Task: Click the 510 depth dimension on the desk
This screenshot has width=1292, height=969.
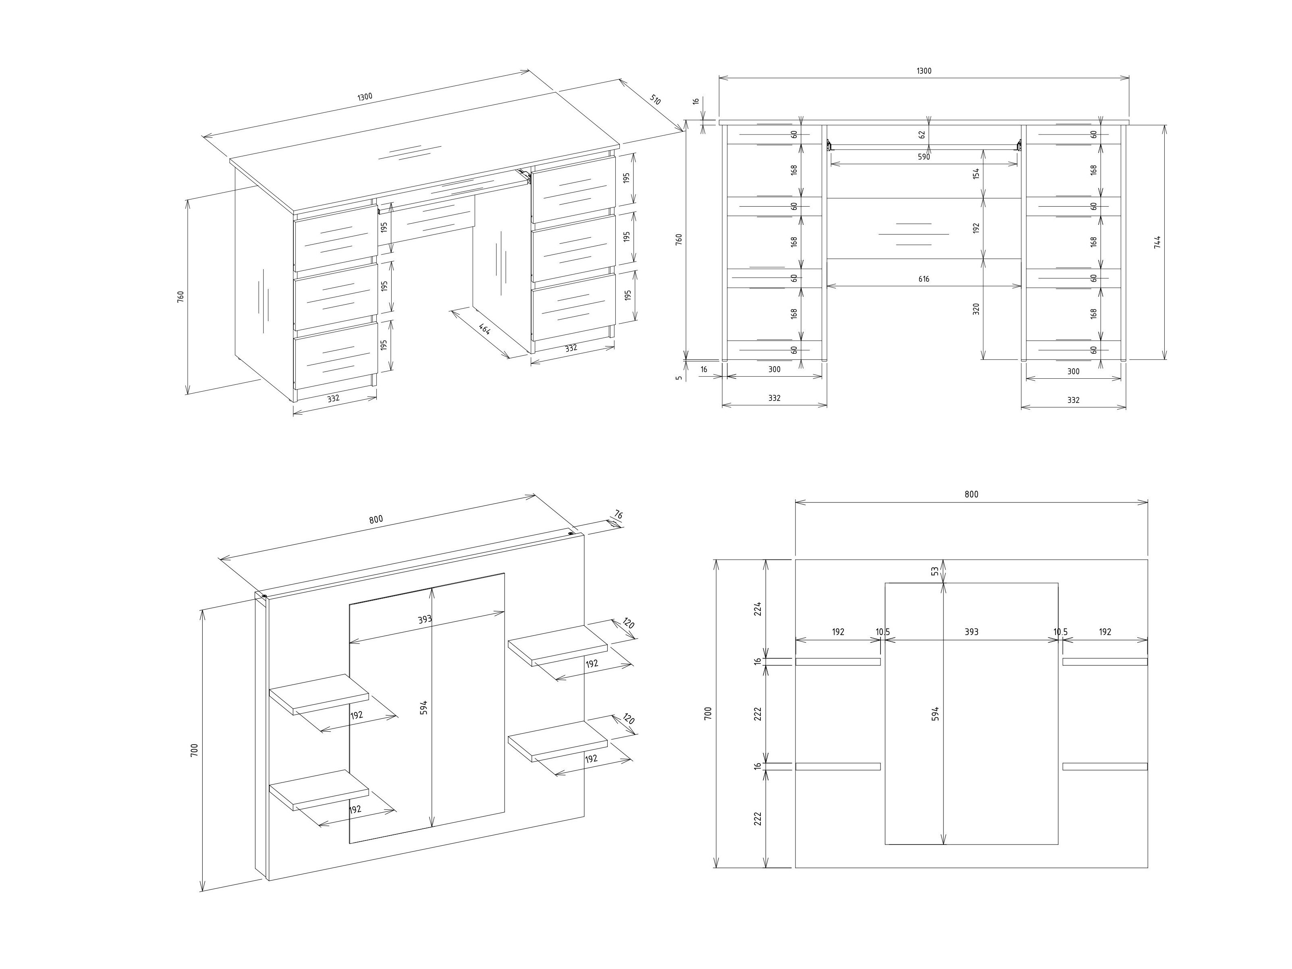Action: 655,100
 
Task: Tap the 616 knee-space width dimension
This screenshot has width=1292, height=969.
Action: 923,279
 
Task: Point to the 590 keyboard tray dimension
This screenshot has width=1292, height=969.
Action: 923,157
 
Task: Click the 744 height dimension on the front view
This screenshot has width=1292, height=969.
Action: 1157,242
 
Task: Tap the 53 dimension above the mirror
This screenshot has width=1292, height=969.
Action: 935,571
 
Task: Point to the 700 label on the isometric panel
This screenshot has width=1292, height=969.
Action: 195,750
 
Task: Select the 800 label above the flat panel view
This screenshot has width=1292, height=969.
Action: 971,494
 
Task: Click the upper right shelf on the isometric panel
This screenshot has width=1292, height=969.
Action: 557,645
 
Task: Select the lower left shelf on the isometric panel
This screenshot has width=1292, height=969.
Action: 318,788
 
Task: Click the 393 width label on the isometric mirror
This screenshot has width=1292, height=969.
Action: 425,620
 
